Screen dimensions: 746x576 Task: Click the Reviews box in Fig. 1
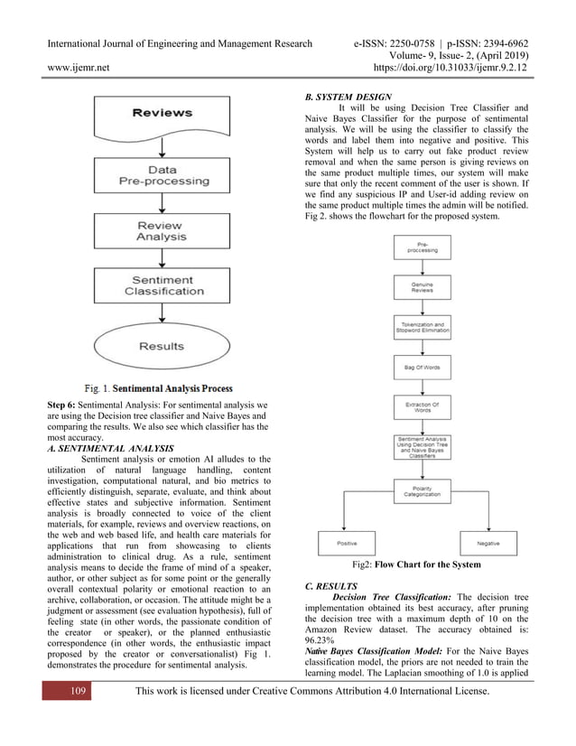pos(163,113)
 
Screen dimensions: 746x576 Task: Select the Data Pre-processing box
pos(163,174)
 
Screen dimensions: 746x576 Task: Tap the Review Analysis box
pos(162,231)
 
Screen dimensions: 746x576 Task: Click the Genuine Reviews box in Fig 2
pos(422,286)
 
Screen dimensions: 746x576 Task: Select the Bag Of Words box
pos(422,367)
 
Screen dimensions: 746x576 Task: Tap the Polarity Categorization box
pos(422,490)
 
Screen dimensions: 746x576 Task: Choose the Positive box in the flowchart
pos(347,544)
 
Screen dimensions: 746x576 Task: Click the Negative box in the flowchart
pos(488,544)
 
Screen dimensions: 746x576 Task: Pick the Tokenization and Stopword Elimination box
pos(422,326)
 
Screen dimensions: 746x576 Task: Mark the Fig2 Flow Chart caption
pos(416,564)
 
